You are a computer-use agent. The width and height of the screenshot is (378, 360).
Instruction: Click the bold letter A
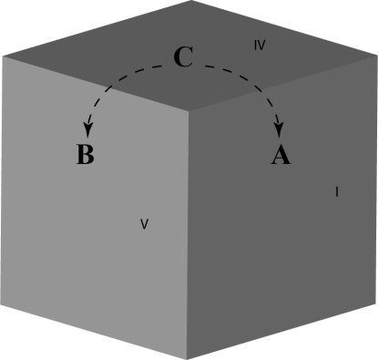(x=281, y=156)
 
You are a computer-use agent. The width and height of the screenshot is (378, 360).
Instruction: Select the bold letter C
(x=182, y=58)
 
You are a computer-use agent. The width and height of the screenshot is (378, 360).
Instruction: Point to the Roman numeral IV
(x=260, y=45)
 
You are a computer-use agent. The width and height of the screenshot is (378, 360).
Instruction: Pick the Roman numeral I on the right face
(x=337, y=191)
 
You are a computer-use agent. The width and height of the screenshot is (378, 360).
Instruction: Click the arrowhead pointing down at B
(x=89, y=129)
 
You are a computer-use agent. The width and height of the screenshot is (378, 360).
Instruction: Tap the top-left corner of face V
(x=3, y=57)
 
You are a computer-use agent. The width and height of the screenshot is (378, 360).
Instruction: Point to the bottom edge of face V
(x=97, y=329)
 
